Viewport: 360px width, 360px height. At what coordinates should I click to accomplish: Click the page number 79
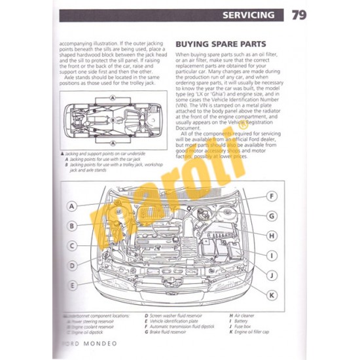coord(298,14)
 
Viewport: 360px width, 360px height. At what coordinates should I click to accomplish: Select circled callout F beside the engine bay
coord(272,196)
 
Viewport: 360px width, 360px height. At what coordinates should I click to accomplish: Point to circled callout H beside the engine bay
coord(272,235)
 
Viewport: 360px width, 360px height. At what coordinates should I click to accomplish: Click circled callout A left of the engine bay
coord(73,206)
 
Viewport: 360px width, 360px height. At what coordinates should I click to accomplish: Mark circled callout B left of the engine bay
coord(73,226)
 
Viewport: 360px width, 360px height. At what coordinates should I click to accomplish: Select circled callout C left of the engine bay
coord(73,246)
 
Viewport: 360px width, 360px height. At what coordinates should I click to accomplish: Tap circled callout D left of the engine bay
coord(73,266)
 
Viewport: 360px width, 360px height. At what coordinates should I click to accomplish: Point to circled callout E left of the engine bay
coord(73,286)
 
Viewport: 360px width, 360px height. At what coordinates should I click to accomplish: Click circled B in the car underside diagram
coord(113,120)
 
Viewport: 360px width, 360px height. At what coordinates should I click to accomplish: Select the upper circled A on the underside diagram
coord(113,98)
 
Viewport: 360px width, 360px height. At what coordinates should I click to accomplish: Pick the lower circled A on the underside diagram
coord(113,143)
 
